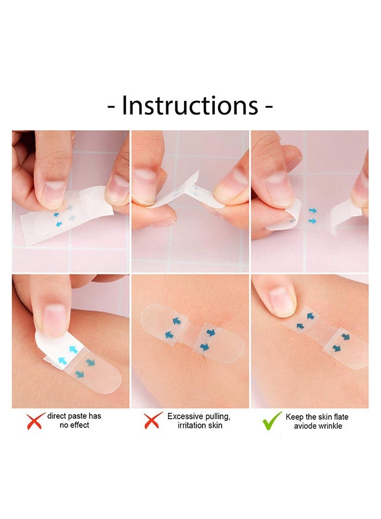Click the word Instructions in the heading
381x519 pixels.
(190, 106)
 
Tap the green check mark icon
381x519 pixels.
(272, 421)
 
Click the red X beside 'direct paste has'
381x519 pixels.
(35, 421)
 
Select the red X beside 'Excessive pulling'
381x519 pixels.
(153, 420)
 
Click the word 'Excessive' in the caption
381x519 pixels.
(185, 416)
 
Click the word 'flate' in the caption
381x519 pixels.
(341, 417)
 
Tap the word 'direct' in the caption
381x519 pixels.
(57, 416)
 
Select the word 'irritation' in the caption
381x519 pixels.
(191, 426)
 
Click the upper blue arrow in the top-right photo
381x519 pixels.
(312, 210)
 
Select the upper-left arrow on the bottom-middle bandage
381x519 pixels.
(176, 321)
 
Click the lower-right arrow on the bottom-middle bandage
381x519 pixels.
(204, 347)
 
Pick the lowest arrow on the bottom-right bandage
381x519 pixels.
(337, 348)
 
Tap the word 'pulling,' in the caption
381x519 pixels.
(218, 417)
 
